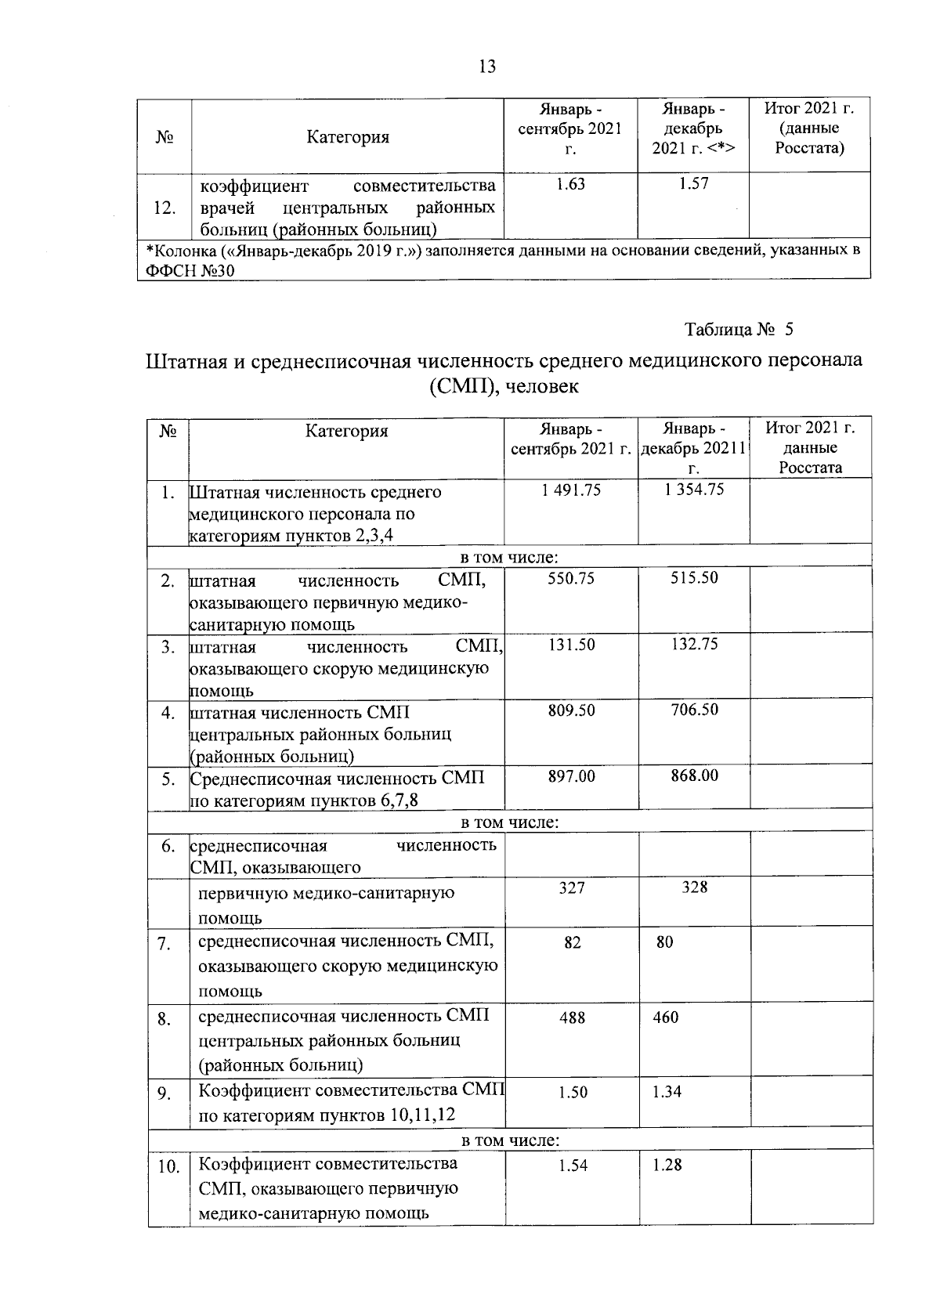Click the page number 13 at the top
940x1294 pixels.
pyautogui.click(x=486, y=67)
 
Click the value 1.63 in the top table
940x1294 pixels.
pyautogui.click(x=571, y=185)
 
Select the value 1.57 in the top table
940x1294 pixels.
pyautogui.click(x=694, y=185)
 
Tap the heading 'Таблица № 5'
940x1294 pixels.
pyautogui.click(x=739, y=329)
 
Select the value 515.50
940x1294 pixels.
pyautogui.click(x=694, y=578)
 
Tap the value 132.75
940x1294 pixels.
pyautogui.click(x=694, y=645)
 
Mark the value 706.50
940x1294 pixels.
pyautogui.click(x=694, y=710)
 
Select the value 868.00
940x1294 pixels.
pyautogui.click(x=694, y=776)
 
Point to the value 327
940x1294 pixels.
pyautogui.click(x=572, y=887)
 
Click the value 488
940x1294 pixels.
pyautogui.click(x=572, y=1018)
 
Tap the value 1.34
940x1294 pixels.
pyautogui.click(x=667, y=1092)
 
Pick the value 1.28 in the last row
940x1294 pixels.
pyautogui.click(x=667, y=1166)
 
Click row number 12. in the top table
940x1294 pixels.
pyautogui.click(x=164, y=208)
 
